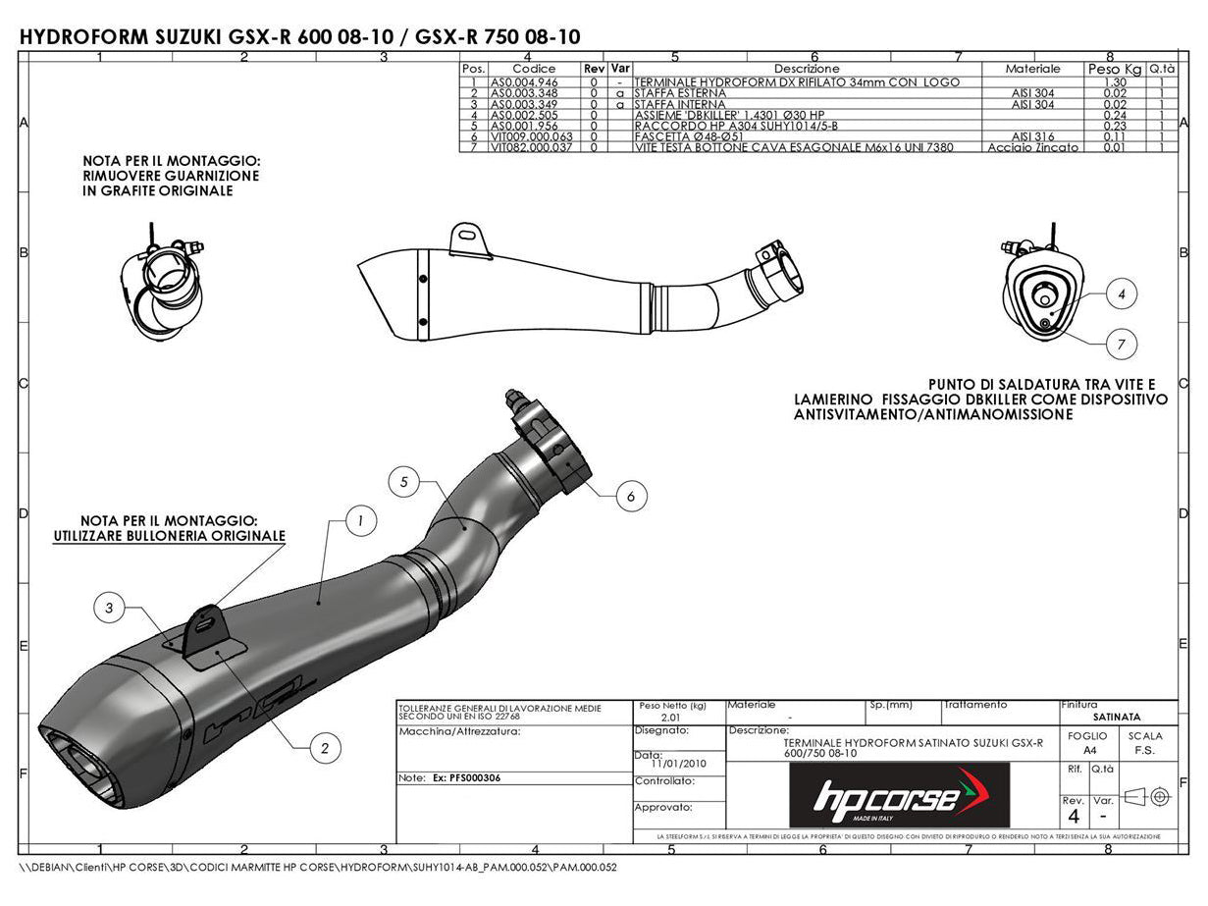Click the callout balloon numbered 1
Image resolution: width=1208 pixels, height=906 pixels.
361,522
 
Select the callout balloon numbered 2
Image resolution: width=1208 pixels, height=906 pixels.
325,748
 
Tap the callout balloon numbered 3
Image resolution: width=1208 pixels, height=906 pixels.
109,609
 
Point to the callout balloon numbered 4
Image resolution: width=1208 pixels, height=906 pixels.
1122,293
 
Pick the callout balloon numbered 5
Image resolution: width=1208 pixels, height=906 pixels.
403,482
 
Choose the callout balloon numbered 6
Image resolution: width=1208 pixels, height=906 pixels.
631,497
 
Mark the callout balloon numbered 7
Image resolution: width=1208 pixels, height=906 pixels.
1122,344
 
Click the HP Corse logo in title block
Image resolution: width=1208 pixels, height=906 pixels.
898,795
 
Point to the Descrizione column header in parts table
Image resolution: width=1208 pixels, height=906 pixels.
807,69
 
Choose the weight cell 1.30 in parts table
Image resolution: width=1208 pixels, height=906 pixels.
1114,82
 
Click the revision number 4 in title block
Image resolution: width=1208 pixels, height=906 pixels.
1074,816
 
